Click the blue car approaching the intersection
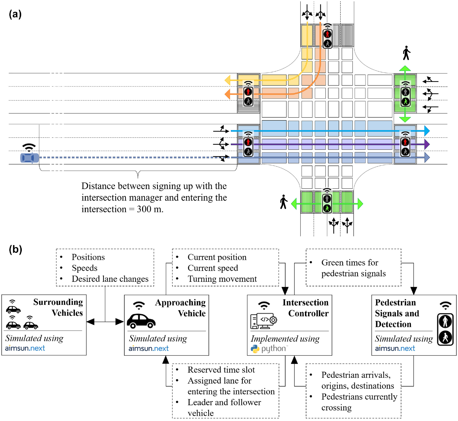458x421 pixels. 30,158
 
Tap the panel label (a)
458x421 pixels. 15,14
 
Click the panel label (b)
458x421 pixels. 15,249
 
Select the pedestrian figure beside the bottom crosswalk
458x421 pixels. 284,202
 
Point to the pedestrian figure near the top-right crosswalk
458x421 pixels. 406,53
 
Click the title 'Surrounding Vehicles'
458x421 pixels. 58,307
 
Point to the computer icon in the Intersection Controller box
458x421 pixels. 263,321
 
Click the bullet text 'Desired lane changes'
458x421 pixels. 110,279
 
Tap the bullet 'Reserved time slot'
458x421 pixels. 221,370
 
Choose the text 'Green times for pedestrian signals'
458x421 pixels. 353,268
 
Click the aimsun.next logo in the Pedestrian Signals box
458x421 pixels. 395,348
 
